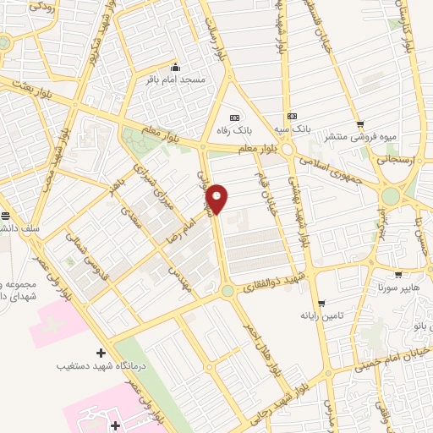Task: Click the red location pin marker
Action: [218, 199]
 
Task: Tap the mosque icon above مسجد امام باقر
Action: [175, 68]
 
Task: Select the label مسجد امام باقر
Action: [177, 79]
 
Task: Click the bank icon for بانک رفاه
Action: [234, 118]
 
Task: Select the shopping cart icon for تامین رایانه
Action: [321, 304]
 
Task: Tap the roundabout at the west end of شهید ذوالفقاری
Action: [227, 292]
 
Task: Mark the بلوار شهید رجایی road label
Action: [295, 389]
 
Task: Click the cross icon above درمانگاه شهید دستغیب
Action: [101, 352]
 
